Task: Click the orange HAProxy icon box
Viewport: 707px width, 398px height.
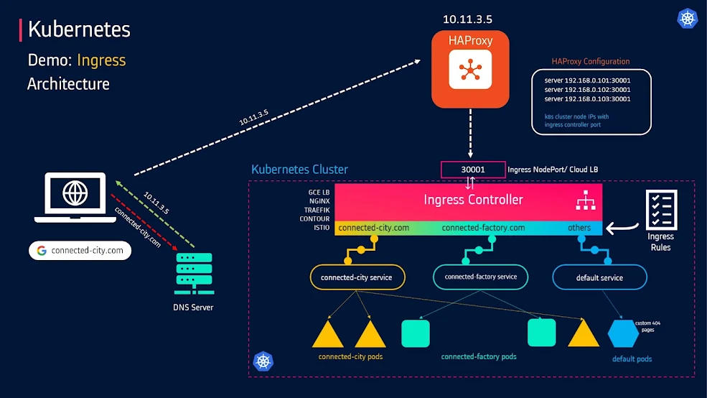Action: (470, 69)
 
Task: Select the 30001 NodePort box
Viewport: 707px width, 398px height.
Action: (473, 170)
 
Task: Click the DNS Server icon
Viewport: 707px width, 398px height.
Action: (193, 273)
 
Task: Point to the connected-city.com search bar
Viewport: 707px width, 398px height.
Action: (80, 251)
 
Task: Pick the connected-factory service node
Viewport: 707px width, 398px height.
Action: (480, 277)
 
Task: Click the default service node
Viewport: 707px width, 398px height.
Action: (599, 277)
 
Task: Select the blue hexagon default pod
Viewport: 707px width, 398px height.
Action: (621, 333)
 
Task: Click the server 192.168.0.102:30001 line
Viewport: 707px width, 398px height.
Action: (587, 89)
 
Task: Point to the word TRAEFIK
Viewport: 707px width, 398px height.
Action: (316, 210)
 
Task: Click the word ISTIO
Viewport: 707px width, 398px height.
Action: (321, 227)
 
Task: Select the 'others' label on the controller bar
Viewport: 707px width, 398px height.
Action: (579, 228)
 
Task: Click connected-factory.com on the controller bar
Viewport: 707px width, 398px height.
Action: (483, 228)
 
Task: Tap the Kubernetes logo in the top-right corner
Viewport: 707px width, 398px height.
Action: (688, 18)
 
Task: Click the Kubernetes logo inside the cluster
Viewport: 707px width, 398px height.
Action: (263, 361)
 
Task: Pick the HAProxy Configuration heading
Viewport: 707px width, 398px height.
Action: (591, 62)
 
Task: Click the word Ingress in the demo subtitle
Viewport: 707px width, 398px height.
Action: (101, 60)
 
